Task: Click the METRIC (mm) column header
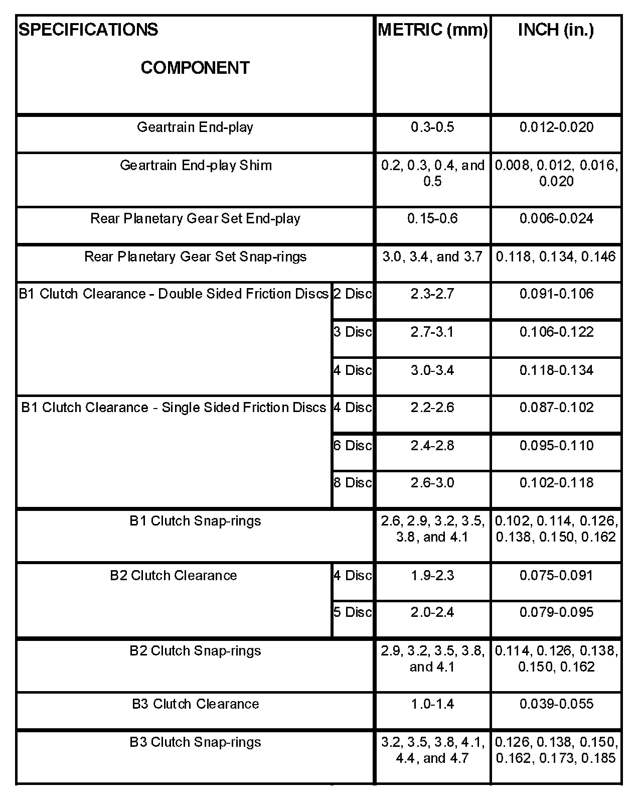pos(432,30)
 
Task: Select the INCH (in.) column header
pos(556,30)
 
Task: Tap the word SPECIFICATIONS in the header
pos(88,30)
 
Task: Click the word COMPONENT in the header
pos(195,68)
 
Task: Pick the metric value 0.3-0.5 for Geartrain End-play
pos(432,127)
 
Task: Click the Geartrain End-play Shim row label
pos(196,165)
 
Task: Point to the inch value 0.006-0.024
pos(556,218)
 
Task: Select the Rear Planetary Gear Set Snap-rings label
pos(195,257)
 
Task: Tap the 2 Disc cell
pos(353,294)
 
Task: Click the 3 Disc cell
pos(353,332)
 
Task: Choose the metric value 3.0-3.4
pos(432,370)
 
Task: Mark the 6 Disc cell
pos(353,445)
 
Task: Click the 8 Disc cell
pos(353,482)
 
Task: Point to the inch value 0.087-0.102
pos(556,407)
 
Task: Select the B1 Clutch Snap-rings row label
pos(195,521)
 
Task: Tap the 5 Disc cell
pos(353,612)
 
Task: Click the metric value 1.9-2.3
pos(432,575)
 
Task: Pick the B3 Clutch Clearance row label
pos(195,704)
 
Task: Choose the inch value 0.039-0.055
pos(556,704)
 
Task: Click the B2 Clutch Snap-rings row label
pos(195,651)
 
